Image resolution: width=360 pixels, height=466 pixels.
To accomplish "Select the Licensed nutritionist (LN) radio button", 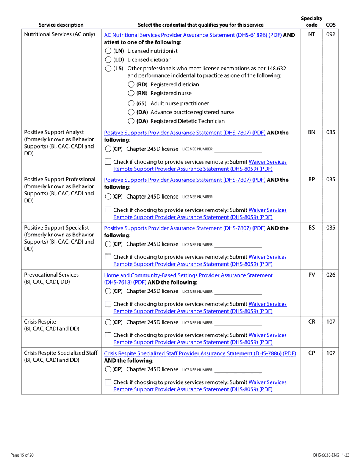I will click(108, 51).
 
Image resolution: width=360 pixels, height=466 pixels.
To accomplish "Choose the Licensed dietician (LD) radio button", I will click(108, 60).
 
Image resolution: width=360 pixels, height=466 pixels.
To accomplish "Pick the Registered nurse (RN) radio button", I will click(131, 93).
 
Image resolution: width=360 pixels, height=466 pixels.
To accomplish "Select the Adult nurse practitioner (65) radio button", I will click(131, 103).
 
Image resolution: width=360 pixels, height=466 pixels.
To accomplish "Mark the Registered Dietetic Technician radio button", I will click(131, 121).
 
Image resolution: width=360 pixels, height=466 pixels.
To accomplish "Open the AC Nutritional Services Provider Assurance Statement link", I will click(193, 35).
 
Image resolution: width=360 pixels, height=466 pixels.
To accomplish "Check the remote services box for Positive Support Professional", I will click(108, 210).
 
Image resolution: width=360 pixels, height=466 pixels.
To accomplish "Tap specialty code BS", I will click(311, 228).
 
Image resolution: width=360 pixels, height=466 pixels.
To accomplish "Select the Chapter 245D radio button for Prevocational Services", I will click(108, 291).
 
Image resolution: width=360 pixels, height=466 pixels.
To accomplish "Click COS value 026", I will click(330, 275).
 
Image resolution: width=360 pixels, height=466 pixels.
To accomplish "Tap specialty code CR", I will click(311, 322).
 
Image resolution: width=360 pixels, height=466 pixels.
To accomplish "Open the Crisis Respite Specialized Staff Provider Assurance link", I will click(200, 353).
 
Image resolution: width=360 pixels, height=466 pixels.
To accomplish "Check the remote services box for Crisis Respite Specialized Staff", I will click(108, 383).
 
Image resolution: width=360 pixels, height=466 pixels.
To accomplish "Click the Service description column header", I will click(61, 25).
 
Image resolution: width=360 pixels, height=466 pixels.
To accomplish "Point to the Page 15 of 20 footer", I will click(22, 455).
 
